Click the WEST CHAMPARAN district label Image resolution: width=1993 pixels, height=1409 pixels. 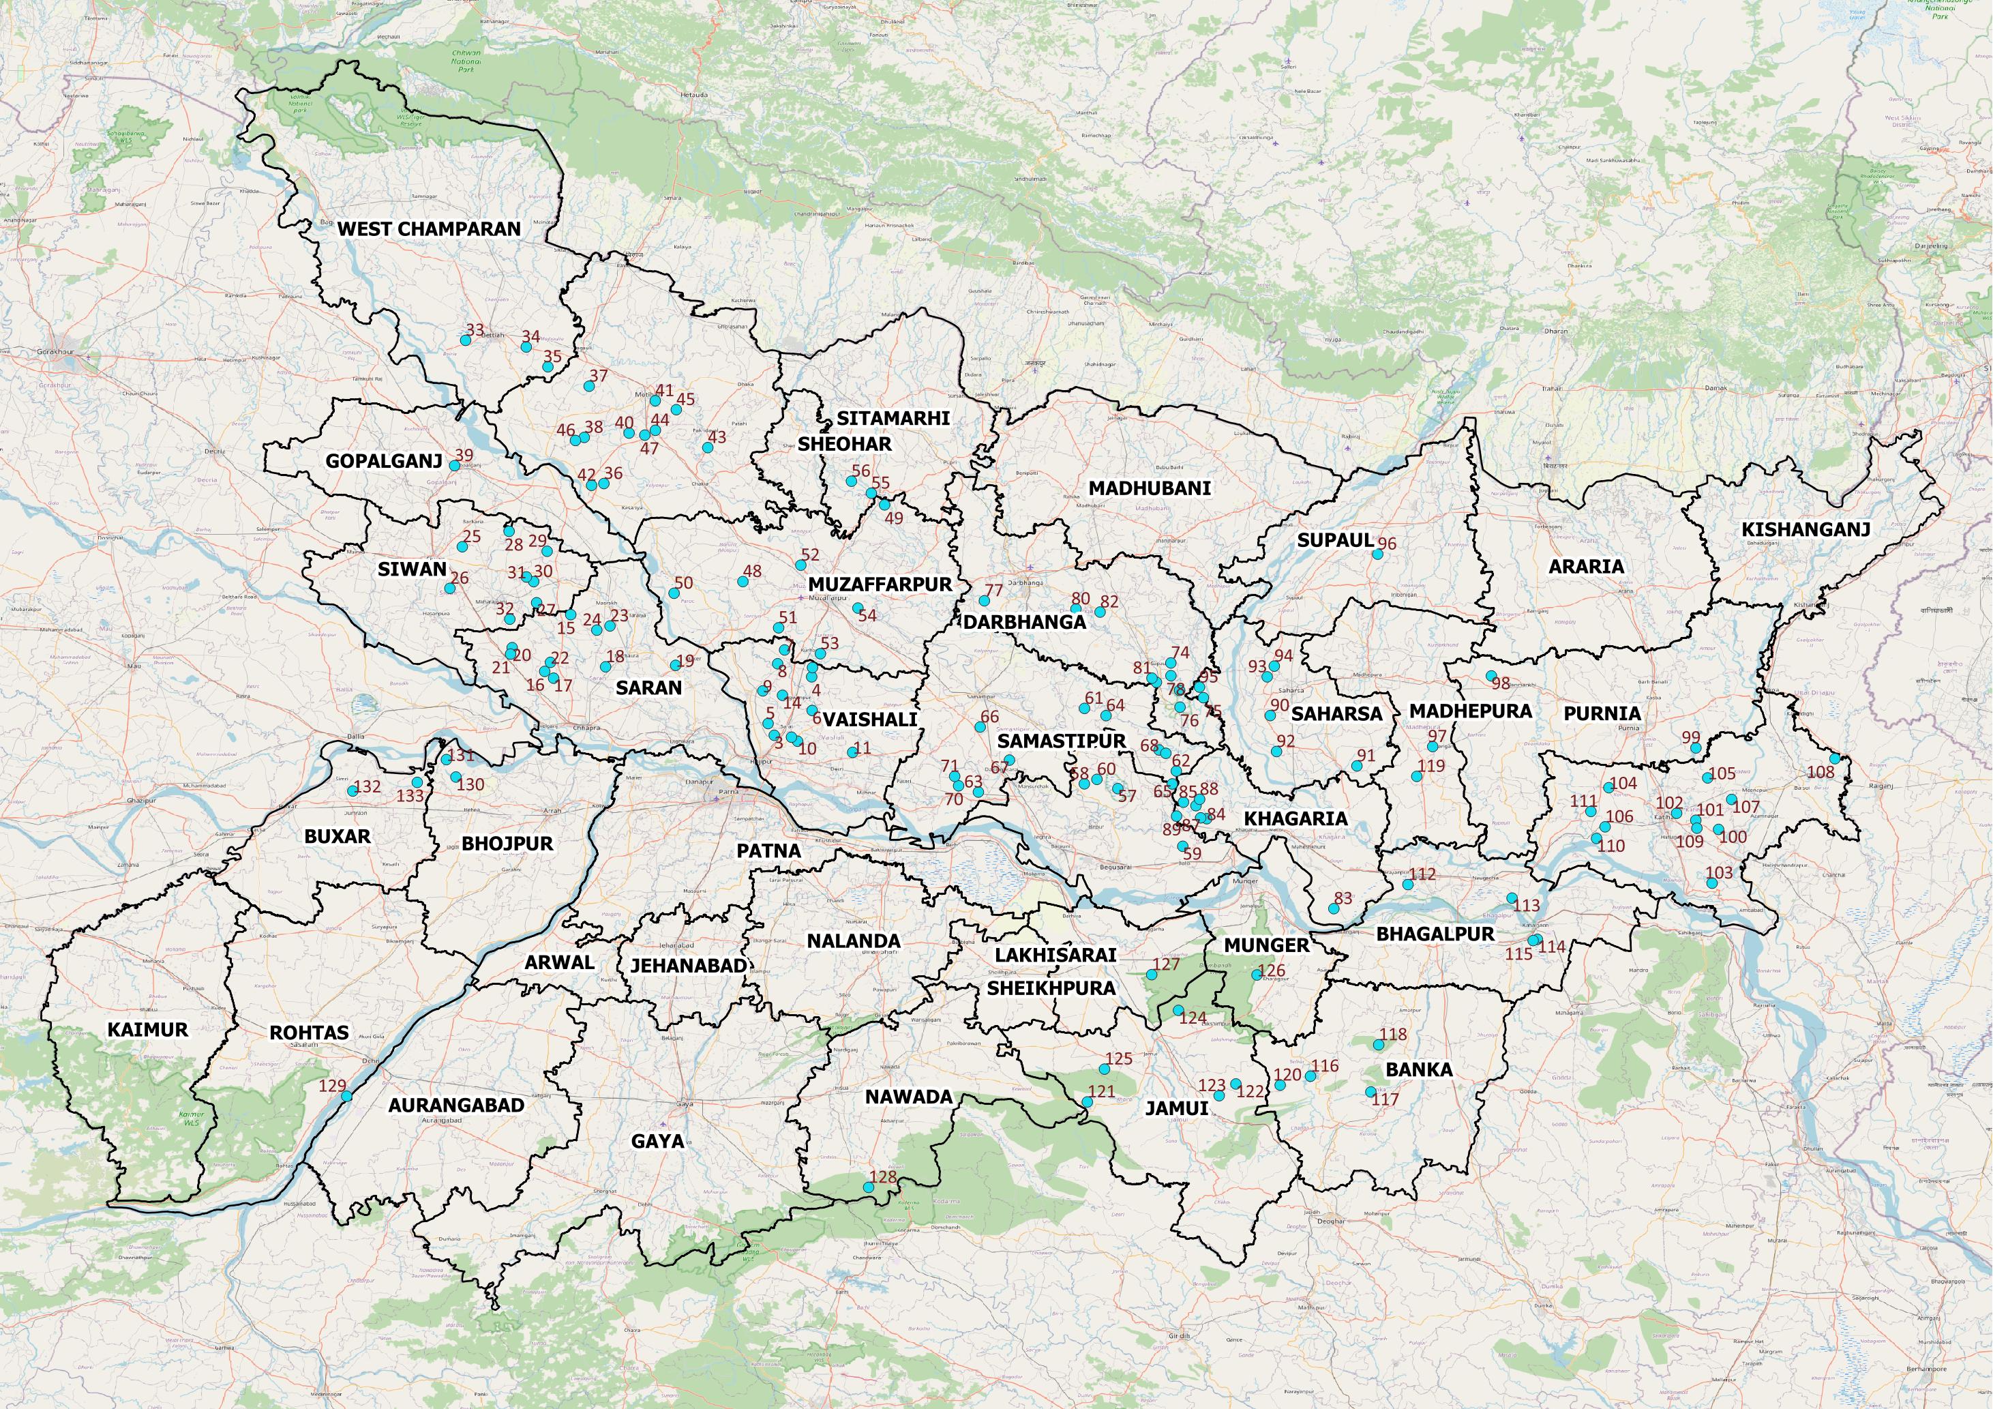click(x=429, y=229)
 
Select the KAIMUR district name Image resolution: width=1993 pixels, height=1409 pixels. click(x=147, y=1030)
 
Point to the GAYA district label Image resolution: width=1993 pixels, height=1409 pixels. click(x=657, y=1141)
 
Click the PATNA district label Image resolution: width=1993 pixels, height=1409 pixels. click(x=768, y=850)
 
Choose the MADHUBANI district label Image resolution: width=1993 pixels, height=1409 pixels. click(x=1150, y=488)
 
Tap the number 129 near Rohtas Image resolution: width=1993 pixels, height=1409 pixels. click(x=333, y=1085)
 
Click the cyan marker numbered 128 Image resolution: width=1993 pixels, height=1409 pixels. click(x=868, y=1187)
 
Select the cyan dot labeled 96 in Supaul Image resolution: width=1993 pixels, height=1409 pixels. click(x=1377, y=554)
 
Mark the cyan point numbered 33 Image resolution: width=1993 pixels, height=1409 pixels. click(x=464, y=341)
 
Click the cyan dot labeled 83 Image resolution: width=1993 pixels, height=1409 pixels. click(x=1333, y=909)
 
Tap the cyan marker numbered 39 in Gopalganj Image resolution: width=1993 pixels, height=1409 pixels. click(x=454, y=466)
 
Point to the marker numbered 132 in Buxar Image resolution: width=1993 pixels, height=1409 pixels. click(x=353, y=791)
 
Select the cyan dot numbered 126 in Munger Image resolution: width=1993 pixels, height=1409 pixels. click(x=1256, y=975)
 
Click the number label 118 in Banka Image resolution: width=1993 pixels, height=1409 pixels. click(x=1393, y=1034)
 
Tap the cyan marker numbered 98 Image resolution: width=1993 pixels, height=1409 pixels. click(x=1490, y=675)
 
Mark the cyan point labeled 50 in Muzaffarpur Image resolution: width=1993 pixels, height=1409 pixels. click(x=674, y=594)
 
